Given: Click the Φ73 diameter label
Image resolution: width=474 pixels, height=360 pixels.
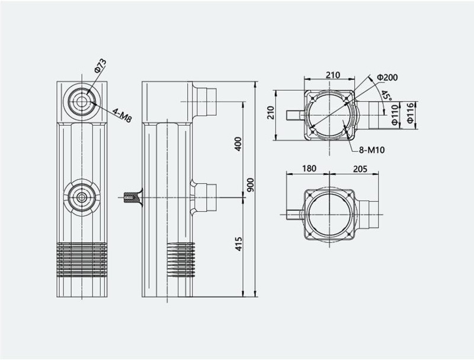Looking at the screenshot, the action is click(x=100, y=66).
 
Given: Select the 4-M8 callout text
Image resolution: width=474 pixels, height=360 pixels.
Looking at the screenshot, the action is click(x=122, y=115).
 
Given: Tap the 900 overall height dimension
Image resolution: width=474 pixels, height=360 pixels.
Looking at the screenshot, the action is click(x=251, y=185).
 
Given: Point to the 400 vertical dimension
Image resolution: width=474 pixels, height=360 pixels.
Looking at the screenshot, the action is click(x=238, y=144).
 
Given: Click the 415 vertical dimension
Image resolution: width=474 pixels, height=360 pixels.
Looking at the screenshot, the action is click(x=239, y=244).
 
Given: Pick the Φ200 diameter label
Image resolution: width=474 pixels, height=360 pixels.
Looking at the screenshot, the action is click(x=387, y=78).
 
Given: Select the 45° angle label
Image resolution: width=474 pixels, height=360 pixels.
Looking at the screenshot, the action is click(x=386, y=95).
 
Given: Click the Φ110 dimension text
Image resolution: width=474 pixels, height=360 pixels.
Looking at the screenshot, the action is click(x=395, y=115).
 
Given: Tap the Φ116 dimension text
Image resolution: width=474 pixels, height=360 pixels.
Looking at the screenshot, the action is click(x=410, y=113).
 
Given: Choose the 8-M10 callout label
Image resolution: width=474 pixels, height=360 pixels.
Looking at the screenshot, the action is click(x=372, y=149).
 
